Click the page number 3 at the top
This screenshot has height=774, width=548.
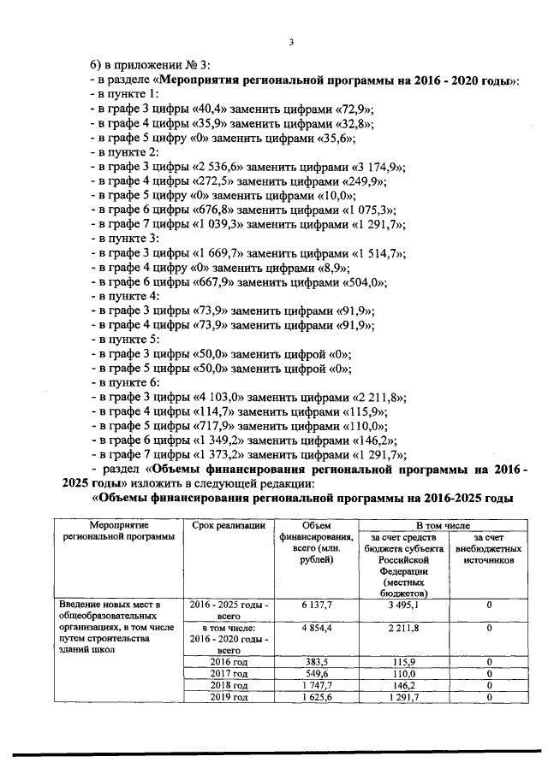tap(290, 44)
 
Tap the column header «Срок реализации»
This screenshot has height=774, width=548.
tap(229, 524)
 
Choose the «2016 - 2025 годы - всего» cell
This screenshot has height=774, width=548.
tap(229, 609)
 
